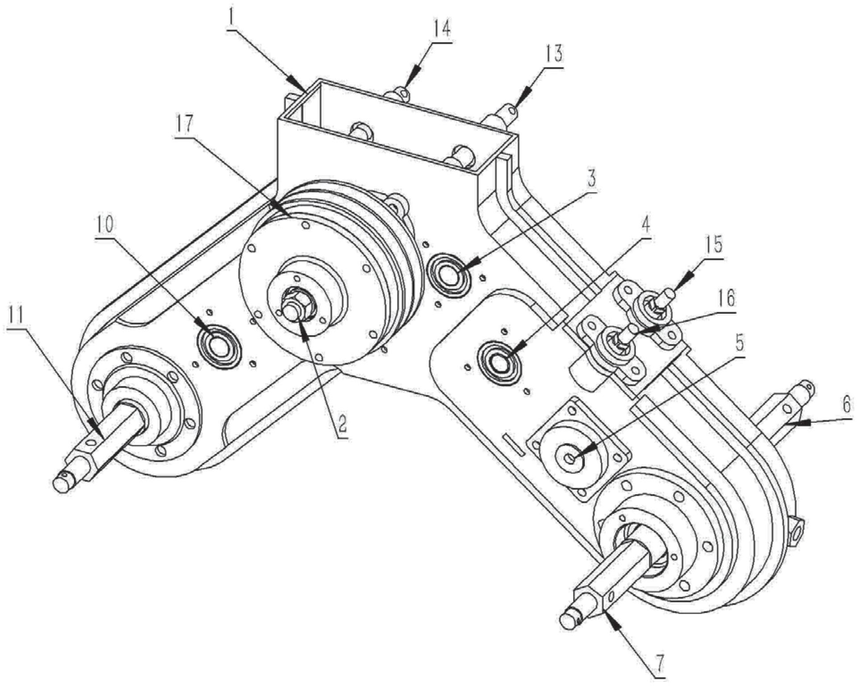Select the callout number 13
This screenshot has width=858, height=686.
pos(552,54)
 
